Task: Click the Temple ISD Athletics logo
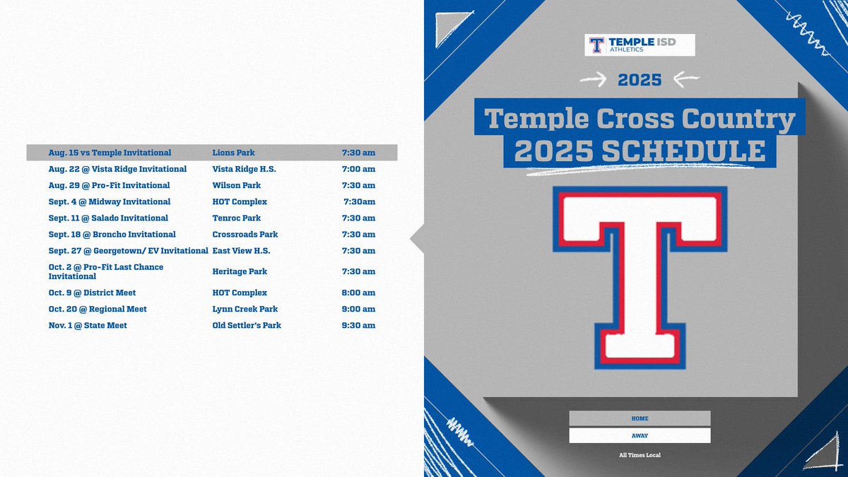tap(640, 45)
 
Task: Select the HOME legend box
tap(640, 418)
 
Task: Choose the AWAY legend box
tap(640, 435)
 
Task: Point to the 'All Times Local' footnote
tap(640, 455)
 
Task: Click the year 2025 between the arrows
tap(640, 79)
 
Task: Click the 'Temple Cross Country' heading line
tap(640, 119)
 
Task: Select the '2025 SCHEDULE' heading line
tap(640, 152)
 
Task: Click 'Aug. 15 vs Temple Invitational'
tap(110, 153)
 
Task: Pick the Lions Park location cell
tap(234, 153)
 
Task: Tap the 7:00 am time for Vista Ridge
tap(358, 169)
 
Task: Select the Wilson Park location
tap(237, 185)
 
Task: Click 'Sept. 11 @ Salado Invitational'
tap(108, 218)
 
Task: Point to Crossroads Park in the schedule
tap(245, 234)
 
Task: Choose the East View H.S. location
tap(242, 250)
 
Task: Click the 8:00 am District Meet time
tap(358, 293)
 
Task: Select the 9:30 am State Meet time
tap(358, 325)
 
